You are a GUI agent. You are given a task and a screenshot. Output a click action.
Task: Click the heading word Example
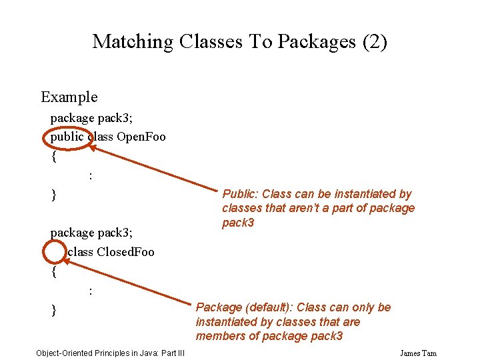point(69,97)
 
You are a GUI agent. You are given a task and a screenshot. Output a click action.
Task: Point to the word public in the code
point(67,137)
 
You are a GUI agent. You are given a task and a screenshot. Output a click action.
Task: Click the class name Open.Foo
point(141,137)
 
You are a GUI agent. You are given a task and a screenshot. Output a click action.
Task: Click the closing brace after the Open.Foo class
point(54,195)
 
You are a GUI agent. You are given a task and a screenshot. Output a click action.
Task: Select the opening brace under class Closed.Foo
point(54,272)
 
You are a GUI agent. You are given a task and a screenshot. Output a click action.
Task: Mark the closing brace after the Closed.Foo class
point(54,311)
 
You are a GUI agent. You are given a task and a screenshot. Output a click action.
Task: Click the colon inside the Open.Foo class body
point(90,176)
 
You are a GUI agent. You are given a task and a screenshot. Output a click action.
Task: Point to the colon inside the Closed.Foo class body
point(90,291)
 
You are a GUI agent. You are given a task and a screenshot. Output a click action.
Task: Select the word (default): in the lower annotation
point(269,307)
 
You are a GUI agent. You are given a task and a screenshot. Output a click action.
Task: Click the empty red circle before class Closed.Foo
point(54,252)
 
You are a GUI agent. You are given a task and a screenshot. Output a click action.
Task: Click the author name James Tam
point(418,353)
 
